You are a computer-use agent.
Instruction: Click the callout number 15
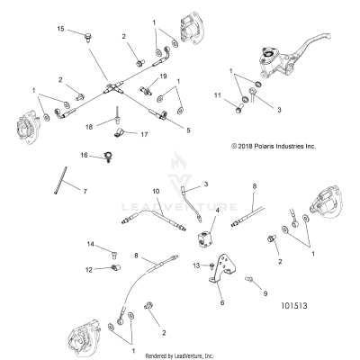click(61, 30)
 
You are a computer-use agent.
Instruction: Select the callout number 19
click(164, 77)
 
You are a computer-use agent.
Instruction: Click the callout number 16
click(84, 156)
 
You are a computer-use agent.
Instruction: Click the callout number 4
click(216, 210)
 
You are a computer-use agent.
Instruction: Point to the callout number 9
click(264, 293)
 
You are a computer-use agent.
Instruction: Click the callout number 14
click(90, 245)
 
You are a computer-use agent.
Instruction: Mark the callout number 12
click(90, 268)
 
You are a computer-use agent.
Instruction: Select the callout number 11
click(217, 94)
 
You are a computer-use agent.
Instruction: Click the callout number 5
click(188, 130)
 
